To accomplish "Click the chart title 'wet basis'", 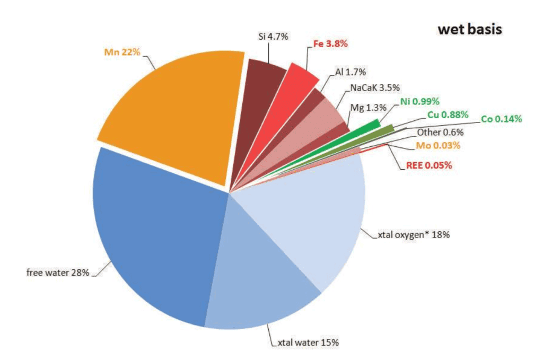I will [469, 30].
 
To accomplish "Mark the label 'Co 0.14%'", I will [501, 119].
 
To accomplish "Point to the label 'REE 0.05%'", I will [426, 165].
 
